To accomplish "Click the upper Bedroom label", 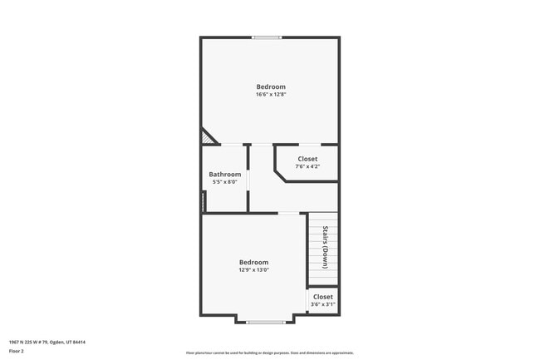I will (x=271, y=87).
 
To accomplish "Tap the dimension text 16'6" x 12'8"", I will (x=271, y=95).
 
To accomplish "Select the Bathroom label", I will (x=224, y=174).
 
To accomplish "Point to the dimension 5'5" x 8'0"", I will (x=224, y=181).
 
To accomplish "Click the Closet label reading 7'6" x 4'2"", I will (x=307, y=159).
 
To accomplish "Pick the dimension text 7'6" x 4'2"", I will (x=307, y=166).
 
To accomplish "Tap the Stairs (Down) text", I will (x=325, y=246).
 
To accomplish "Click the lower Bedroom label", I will (x=253, y=262).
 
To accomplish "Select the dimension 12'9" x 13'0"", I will (x=253, y=269).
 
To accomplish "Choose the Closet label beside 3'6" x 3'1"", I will (x=322, y=297).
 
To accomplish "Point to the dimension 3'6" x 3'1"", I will (x=322, y=304).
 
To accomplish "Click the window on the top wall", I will (x=267, y=37).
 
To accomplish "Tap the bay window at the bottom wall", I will (x=266, y=321).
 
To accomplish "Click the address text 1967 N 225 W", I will (x=47, y=342).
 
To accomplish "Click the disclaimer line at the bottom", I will (x=270, y=353).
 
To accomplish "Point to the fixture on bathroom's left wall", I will (x=203, y=200).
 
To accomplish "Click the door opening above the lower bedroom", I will (x=288, y=214).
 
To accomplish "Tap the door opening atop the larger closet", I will (x=308, y=145).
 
